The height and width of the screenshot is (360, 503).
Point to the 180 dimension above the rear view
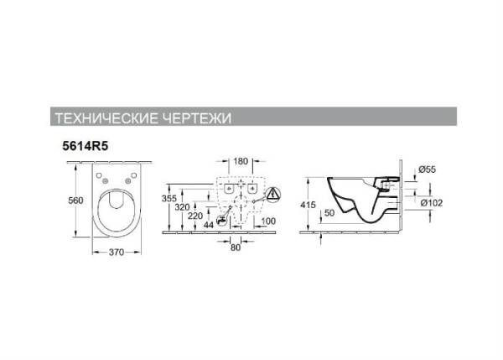[x=241, y=160]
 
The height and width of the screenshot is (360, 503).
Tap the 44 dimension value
[x=210, y=224]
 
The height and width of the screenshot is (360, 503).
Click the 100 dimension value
[x=267, y=221]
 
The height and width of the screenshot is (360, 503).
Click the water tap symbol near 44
[x=223, y=221]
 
